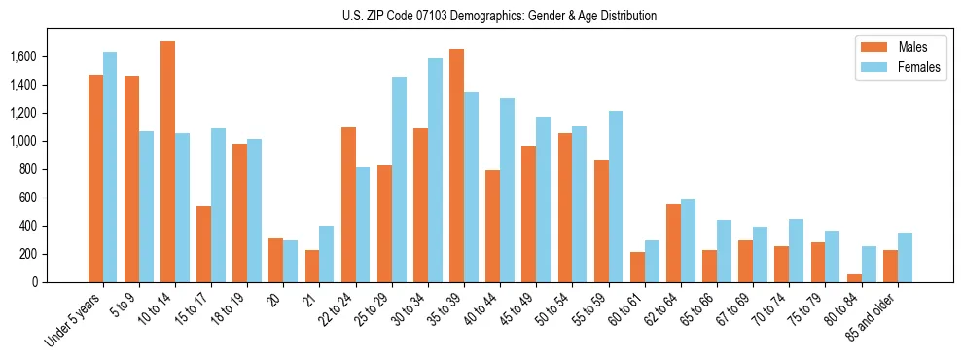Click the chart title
click(500, 16)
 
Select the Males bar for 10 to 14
click(167, 162)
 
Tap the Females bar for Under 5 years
click(110, 166)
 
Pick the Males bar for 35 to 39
click(456, 165)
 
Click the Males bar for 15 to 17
click(203, 244)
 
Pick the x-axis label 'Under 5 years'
click(76, 318)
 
